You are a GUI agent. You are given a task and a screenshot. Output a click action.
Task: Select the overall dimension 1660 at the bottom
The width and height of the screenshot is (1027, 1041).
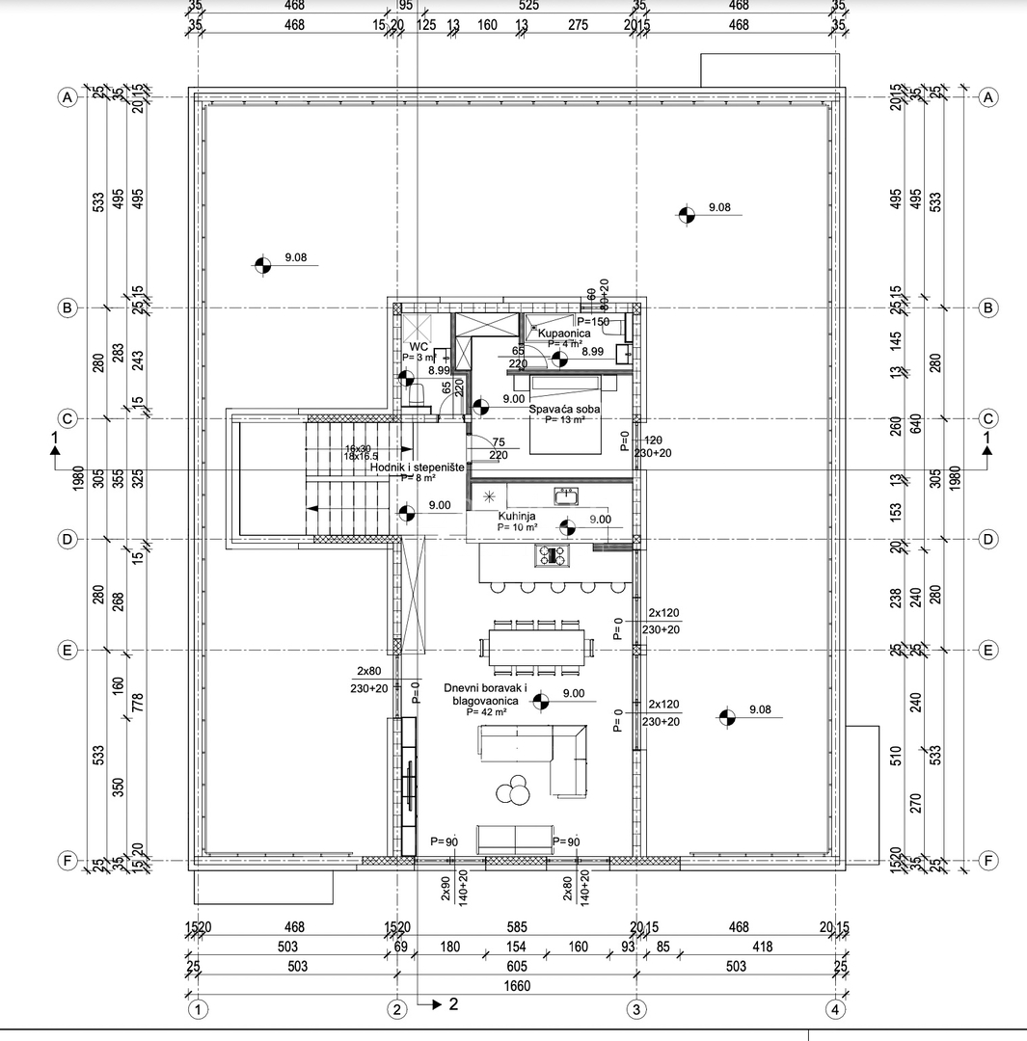[x=516, y=986]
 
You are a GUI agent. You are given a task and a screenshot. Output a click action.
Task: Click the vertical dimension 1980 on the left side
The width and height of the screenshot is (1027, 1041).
[x=77, y=478]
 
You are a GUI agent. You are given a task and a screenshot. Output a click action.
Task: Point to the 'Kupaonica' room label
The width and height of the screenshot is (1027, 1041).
[x=564, y=333]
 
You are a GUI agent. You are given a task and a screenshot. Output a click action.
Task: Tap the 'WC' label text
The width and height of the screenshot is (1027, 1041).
[x=419, y=346]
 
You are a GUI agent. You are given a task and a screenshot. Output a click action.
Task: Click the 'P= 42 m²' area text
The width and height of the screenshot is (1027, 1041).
[x=486, y=712]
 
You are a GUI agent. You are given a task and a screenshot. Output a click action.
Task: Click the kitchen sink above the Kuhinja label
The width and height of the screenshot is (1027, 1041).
[x=565, y=496]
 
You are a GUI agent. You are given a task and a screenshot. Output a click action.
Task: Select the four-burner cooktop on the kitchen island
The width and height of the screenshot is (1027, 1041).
[x=553, y=556]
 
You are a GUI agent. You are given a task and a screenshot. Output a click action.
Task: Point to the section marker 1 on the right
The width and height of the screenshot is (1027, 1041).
[x=986, y=440]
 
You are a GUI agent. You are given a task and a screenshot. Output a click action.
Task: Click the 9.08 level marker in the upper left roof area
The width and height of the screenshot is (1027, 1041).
[x=261, y=264]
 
